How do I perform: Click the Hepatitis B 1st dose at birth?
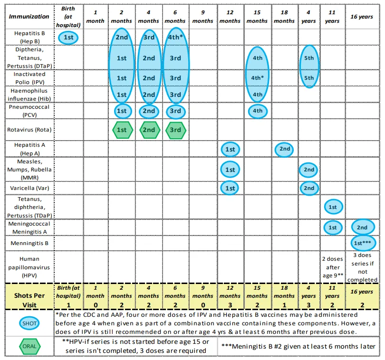pyautogui.click(x=68, y=38)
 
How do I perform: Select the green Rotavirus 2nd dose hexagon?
pyautogui.click(x=149, y=130)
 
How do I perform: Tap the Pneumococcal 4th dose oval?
pyautogui.click(x=257, y=112)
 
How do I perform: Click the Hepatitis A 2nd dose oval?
pyautogui.click(x=284, y=149)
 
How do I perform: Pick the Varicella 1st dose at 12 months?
pyautogui.click(x=230, y=188)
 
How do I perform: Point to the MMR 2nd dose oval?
pyautogui.click(x=309, y=170)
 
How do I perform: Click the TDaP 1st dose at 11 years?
pyautogui.click(x=332, y=207)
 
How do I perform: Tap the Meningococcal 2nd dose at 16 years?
pyautogui.click(x=363, y=227)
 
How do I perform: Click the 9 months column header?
pyautogui.click(x=202, y=17)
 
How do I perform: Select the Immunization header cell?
pyautogui.click(x=29, y=17)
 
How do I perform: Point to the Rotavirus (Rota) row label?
pyautogui.click(x=29, y=130)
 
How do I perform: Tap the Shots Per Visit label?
pyautogui.click(x=29, y=295)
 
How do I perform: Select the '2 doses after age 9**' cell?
pyautogui.click(x=332, y=267)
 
